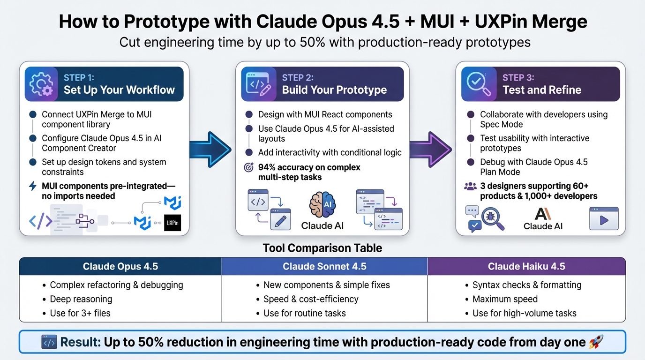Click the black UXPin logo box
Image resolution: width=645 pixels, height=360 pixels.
coord(172,223)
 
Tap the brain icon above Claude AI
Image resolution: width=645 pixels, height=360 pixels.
coord(322,205)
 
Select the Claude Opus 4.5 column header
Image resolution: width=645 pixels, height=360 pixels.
coord(120,266)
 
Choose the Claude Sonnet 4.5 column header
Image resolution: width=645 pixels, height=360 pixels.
coord(324,266)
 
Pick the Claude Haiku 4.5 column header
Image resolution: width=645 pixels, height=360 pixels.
coord(526,266)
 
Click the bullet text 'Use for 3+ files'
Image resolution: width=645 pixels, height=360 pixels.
coord(80,313)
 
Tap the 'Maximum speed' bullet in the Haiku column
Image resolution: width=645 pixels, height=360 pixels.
coord(505,299)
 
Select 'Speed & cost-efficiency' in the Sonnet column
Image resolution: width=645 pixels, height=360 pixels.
coord(311,299)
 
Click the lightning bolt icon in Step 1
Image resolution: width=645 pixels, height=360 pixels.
coord(33,186)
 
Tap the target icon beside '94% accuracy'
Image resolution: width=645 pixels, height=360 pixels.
coord(249,167)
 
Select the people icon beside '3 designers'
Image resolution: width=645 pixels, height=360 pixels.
coord(470,186)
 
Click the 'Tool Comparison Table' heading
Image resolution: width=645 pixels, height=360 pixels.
coord(322,248)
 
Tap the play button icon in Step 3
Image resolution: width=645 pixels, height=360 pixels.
coord(604,219)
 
